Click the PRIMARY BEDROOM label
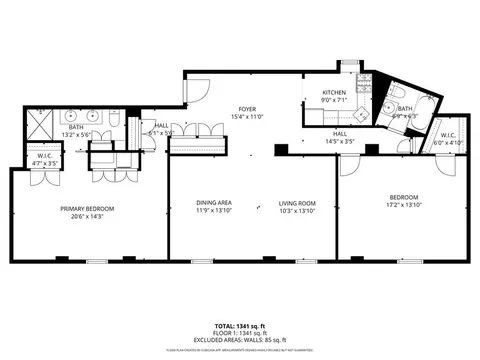pos(87,207)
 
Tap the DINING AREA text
pos(214,203)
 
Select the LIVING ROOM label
pos(297,203)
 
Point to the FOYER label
pos(246,109)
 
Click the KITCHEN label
pos(333,92)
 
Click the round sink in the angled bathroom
pos(387,111)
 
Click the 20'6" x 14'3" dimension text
pos(87,216)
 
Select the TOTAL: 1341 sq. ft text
pos(240,326)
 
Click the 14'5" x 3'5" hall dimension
pos(340,141)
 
